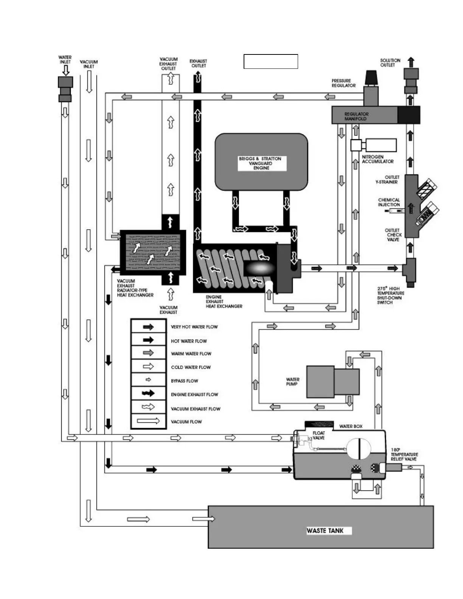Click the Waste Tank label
click(325, 531)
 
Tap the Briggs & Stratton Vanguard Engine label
click(260, 163)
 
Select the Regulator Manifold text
click(356, 116)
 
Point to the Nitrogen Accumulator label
click(378, 159)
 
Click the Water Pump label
click(293, 382)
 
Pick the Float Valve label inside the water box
click(319, 435)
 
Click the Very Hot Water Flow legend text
click(194, 327)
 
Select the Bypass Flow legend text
click(184, 381)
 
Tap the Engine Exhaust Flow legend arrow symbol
click(148, 394)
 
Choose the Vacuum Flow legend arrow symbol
click(148, 421)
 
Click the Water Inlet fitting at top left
click(65, 89)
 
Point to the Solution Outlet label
click(390, 63)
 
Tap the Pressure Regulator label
click(343, 83)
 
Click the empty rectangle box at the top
click(271, 62)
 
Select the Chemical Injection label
click(389, 202)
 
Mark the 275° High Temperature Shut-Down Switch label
click(390, 295)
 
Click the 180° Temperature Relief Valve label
click(404, 454)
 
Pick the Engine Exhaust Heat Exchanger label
click(224, 301)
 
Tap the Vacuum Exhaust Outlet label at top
click(168, 64)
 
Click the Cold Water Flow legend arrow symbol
click(148, 366)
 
